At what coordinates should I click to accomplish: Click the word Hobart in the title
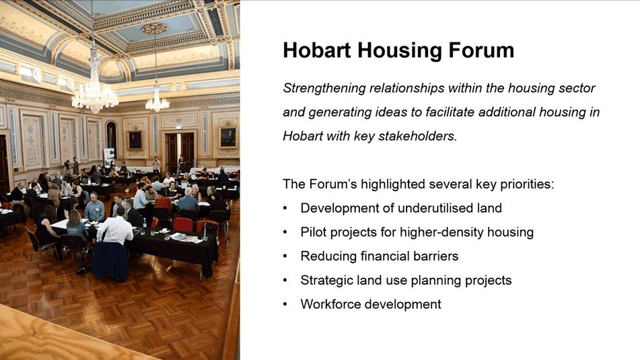point(317,50)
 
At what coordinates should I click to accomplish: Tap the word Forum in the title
point(481,50)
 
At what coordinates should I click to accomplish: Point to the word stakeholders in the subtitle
point(417,136)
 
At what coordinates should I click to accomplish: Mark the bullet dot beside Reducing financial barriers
point(285,256)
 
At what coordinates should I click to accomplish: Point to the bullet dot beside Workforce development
point(285,305)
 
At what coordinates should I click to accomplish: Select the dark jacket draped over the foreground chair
point(110,261)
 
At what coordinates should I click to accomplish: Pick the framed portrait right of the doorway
point(228,137)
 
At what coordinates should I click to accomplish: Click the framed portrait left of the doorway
point(135,140)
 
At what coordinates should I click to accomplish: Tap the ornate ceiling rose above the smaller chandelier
point(155,28)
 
